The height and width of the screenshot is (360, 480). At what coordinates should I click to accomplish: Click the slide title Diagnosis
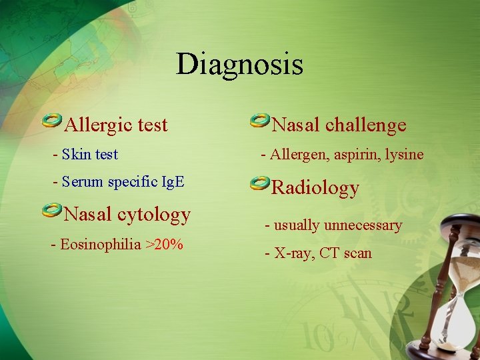(239, 65)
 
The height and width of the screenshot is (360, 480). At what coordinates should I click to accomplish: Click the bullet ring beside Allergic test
(52, 120)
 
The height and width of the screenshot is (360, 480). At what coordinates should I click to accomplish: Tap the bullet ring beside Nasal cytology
(52, 211)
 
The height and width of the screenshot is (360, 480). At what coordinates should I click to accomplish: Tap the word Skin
(76, 155)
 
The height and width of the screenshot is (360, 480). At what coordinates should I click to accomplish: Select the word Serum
(82, 182)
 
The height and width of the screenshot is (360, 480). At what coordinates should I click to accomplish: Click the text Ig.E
(171, 182)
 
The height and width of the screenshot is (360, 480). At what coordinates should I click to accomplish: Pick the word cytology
(154, 215)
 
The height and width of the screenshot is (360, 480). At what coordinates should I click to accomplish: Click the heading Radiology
(315, 188)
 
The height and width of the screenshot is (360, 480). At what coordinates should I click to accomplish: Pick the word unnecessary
(363, 225)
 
